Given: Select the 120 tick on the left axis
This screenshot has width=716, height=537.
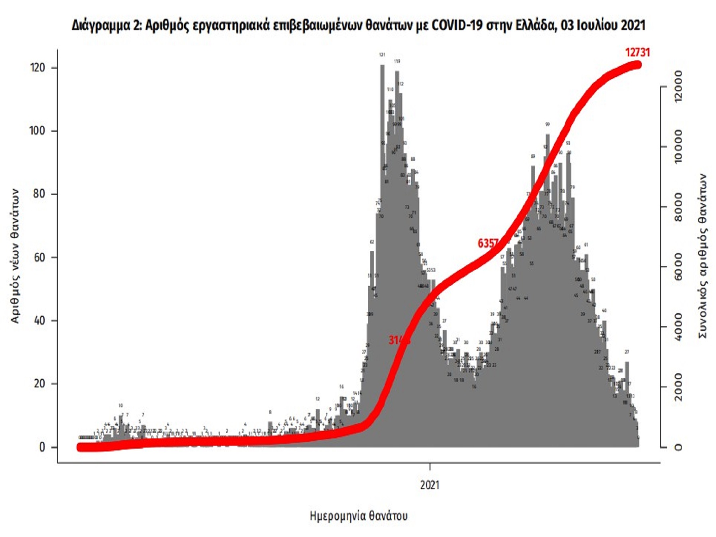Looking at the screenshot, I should [x=37, y=67].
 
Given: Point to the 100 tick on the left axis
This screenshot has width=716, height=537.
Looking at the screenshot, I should [x=37, y=131].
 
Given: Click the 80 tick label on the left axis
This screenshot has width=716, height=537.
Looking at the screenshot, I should [x=39, y=194].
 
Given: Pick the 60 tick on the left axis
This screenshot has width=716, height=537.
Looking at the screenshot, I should [x=39, y=257].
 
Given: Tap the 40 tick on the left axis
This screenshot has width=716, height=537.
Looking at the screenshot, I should [x=39, y=321].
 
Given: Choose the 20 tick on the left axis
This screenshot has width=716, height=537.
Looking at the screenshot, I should [x=39, y=384].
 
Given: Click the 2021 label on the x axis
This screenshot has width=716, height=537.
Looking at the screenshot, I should [x=430, y=485].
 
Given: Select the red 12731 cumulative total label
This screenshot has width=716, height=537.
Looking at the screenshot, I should [x=637, y=52].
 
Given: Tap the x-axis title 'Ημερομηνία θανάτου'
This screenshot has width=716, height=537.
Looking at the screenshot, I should [x=359, y=516].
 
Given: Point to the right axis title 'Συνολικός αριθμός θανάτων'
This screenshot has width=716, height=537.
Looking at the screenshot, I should [x=703, y=256].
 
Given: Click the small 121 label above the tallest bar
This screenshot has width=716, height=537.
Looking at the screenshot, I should [x=382, y=55].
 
